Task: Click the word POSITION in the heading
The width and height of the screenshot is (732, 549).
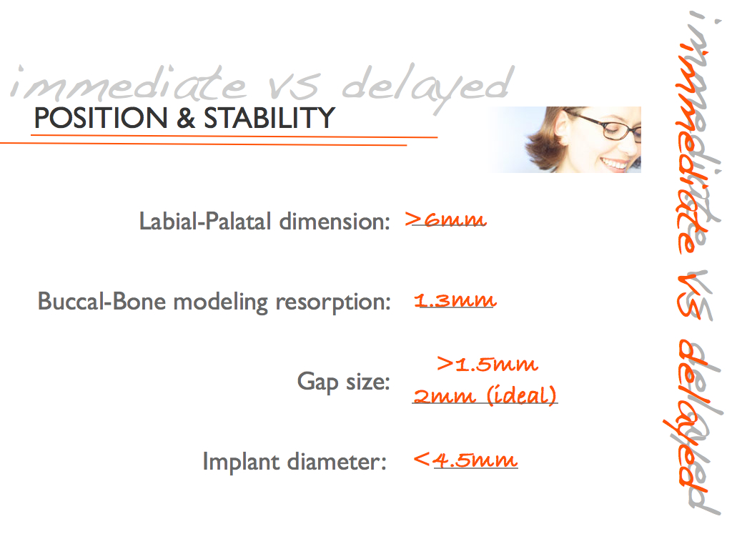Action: point(101,118)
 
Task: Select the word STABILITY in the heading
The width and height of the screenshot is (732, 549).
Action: point(269,118)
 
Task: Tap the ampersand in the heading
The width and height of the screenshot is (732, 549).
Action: point(186,118)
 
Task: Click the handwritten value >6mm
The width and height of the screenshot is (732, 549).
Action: point(445,219)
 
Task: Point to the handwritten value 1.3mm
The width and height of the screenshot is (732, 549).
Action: point(455,300)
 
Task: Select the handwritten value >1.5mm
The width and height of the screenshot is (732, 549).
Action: point(488,364)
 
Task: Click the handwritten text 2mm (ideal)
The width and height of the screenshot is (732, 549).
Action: point(485,395)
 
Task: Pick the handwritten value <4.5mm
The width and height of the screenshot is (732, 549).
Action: point(465,460)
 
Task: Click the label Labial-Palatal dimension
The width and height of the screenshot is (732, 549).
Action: point(264,222)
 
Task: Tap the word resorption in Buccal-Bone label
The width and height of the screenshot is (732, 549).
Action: point(333,302)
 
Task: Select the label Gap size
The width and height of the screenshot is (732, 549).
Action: point(343,382)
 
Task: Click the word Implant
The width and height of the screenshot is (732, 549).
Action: point(241,463)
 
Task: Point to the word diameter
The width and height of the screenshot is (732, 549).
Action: point(337,462)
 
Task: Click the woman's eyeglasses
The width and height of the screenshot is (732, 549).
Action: point(607,124)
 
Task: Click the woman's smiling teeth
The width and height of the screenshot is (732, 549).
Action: point(615,163)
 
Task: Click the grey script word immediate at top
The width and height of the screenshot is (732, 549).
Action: point(129,84)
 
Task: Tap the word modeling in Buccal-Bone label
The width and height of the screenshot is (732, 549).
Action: point(220,302)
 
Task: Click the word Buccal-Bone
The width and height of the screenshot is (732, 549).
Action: point(102,301)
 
